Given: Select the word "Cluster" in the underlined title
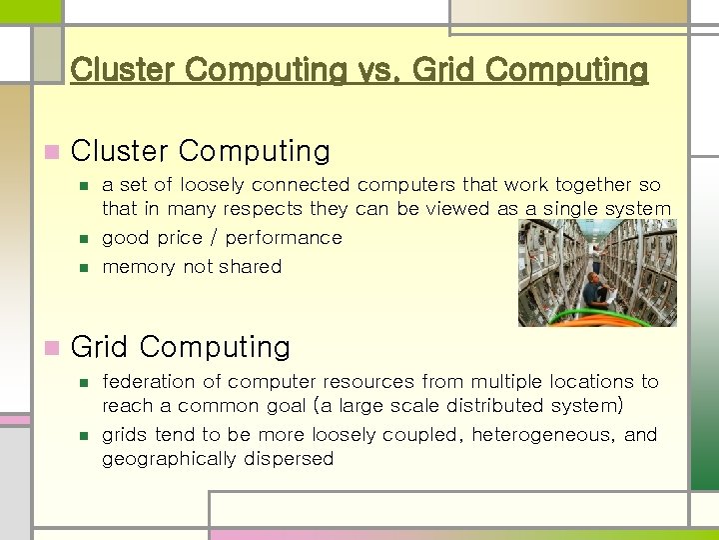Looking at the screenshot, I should pyautogui.click(x=125, y=71).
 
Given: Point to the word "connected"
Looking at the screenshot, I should pyautogui.click(x=301, y=185).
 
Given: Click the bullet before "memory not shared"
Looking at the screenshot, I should pyautogui.click(x=84, y=268).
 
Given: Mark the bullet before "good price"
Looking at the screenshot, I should pyautogui.click(x=84, y=239).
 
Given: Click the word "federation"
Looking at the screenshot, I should pyautogui.click(x=148, y=382).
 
